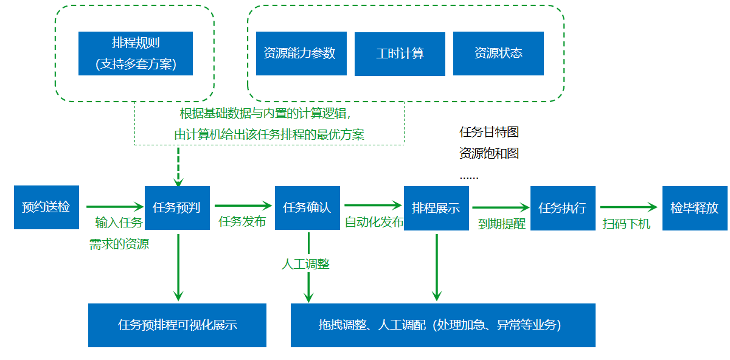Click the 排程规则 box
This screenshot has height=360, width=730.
pos(135,54)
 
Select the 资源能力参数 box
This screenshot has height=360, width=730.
pos(301,54)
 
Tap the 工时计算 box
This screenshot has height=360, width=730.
pos(400,54)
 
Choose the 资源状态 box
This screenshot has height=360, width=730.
pos(498,54)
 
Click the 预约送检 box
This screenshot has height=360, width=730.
pos(46,207)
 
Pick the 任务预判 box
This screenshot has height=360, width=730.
pos(177,207)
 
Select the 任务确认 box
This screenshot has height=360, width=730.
pos(307,207)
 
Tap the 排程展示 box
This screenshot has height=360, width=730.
pos(436,207)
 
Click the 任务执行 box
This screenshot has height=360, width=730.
pos(563,207)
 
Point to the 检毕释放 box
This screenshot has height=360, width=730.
pos(695,207)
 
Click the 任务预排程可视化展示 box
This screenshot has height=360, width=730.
pos(177,325)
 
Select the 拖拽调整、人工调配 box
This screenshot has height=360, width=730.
pos(442,325)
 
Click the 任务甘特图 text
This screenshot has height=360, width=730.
pos(489,132)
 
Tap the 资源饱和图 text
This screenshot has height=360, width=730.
pos(489,153)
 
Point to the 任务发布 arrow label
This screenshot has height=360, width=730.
pos(242,222)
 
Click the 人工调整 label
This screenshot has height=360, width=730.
pos(305,264)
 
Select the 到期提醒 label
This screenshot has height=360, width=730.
pos(502,224)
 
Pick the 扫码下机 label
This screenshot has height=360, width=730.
pos(627,224)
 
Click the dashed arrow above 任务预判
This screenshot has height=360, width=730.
pos(178,165)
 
